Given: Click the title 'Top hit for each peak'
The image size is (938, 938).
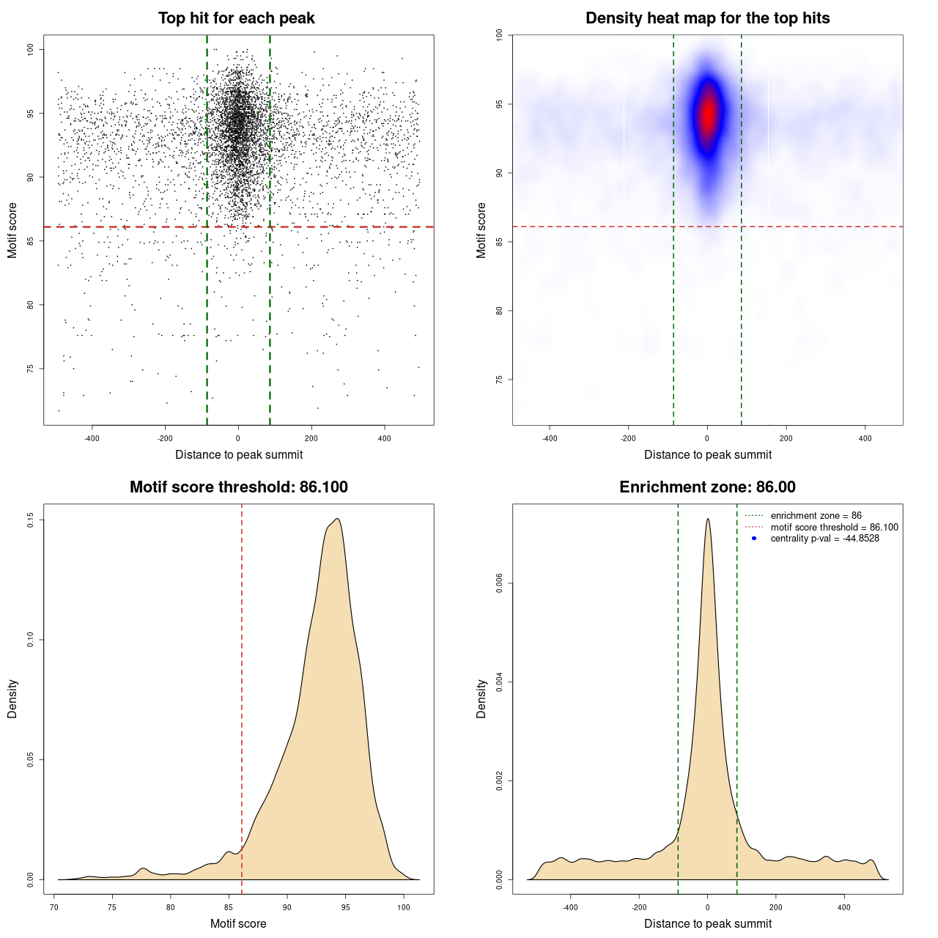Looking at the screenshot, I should pos(237,18).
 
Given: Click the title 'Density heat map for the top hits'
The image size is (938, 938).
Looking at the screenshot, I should pos(707,18).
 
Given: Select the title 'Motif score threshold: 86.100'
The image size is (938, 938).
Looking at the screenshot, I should pos(238,487).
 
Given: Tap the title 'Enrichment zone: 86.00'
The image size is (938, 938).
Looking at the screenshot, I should pos(707,487).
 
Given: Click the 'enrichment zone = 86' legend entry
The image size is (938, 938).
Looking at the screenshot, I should pos(816,516).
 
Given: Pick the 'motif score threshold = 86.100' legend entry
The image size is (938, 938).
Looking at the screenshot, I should pos(834,527).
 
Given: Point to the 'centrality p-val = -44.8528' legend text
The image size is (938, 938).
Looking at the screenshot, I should pos(824,539).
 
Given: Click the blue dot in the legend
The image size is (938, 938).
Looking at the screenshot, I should pos(754,539).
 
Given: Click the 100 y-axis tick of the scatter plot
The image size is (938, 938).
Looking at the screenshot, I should pos(30,49).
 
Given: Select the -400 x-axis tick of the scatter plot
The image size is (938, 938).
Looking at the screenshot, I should pos(92,438).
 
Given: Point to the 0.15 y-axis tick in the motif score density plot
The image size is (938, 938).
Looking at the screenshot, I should pos(30,520).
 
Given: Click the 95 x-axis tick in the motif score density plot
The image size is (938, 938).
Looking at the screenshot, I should pos(345,907).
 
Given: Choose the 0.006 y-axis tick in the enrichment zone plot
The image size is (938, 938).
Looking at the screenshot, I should pos(499,583).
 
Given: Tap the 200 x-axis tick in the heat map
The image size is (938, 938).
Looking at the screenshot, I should pos(786,438).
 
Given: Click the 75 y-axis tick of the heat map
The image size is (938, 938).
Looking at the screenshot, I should pos(499,380).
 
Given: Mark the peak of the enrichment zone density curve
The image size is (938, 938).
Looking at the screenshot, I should pos(708,519).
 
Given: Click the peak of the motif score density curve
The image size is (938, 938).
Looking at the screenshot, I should pos(337,519).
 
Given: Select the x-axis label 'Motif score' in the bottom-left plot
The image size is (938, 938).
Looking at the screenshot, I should pos(238,923).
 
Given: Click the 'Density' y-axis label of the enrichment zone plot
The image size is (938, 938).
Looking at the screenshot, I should pos(481,698).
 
